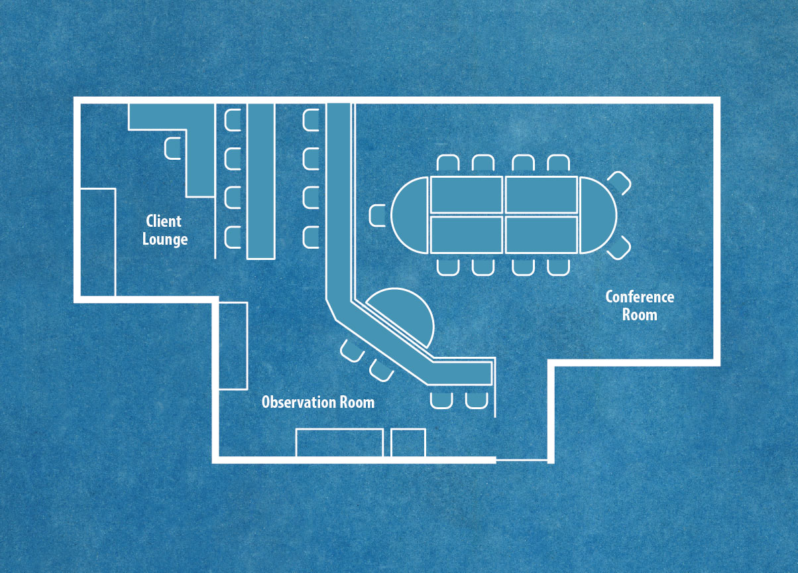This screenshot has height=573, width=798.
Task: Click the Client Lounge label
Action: [x=164, y=230]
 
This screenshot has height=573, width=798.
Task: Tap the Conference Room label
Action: [x=640, y=306]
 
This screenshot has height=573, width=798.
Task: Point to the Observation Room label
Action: [x=317, y=402]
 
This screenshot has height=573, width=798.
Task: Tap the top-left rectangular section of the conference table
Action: [x=467, y=194]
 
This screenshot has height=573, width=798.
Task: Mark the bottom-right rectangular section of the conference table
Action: [x=541, y=235]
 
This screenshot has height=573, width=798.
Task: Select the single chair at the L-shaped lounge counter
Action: [x=172, y=147]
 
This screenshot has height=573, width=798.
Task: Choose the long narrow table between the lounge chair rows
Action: [x=260, y=180]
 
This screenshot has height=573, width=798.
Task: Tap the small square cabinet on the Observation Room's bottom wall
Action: [x=408, y=442]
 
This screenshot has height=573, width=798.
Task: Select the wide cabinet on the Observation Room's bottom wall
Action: [x=339, y=442]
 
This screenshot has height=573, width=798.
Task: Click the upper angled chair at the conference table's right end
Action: [x=619, y=183]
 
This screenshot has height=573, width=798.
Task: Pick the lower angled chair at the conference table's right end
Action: [x=619, y=247]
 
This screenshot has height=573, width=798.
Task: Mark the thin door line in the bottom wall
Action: [x=522, y=459]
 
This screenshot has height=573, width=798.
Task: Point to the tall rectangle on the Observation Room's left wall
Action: [x=233, y=346]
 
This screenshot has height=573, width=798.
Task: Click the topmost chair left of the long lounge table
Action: [x=233, y=119]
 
